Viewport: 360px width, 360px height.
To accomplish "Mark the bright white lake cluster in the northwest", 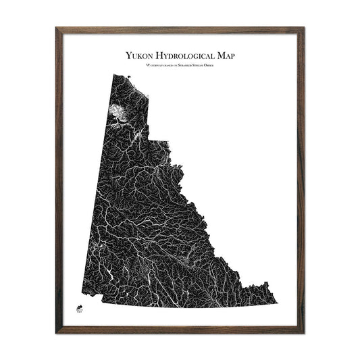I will [x=120, y=111].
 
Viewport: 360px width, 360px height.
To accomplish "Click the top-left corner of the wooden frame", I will [x=56, y=28].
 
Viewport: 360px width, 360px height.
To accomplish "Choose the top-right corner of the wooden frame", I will [x=304, y=28].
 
